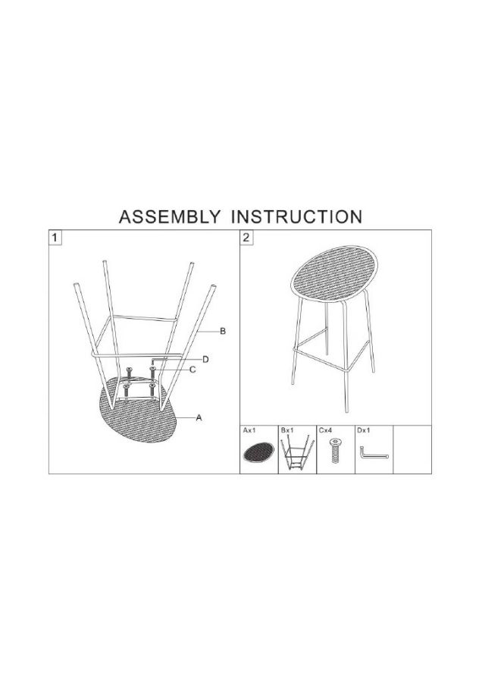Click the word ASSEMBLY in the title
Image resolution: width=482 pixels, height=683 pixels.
tap(170, 217)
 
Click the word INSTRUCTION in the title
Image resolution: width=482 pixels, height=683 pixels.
tap(296, 217)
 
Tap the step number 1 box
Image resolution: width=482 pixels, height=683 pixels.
tap(55, 238)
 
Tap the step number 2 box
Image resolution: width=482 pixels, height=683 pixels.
tap(246, 238)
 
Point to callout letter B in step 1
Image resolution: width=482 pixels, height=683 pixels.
tap(223, 332)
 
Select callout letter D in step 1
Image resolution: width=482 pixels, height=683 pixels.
tap(206, 360)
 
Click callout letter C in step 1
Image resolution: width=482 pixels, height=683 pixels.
tap(192, 370)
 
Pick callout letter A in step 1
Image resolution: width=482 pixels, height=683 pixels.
tap(199, 417)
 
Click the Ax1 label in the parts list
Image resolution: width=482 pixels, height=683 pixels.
tap(249, 430)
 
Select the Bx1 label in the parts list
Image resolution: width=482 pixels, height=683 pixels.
tap(287, 430)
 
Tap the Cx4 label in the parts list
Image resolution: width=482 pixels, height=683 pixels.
tap(325, 430)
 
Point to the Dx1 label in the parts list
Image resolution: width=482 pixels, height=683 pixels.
tap(363, 430)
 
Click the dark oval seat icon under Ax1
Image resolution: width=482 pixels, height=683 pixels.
tap(258, 453)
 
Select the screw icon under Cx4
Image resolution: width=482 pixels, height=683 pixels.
tap(335, 451)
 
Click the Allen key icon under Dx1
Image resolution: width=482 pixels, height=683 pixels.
tap(373, 453)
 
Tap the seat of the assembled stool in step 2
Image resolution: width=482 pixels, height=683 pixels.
tap(334, 273)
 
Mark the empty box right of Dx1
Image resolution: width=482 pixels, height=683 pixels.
tap(412, 449)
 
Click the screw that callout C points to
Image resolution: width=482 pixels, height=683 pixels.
tap(152, 373)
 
